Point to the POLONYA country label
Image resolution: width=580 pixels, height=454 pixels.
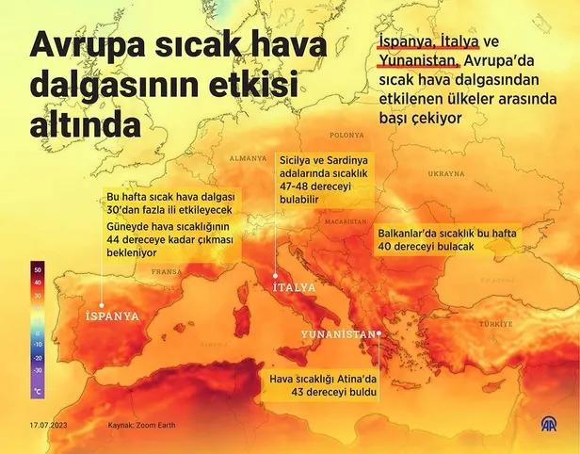[x=347, y=134]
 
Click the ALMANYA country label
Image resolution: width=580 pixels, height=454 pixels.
[x=249, y=157]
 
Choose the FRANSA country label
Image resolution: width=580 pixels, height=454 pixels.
[x=166, y=271]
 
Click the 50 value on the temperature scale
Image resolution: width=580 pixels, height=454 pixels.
[x=39, y=269]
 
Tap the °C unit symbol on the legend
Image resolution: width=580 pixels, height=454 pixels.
[x=38, y=389]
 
